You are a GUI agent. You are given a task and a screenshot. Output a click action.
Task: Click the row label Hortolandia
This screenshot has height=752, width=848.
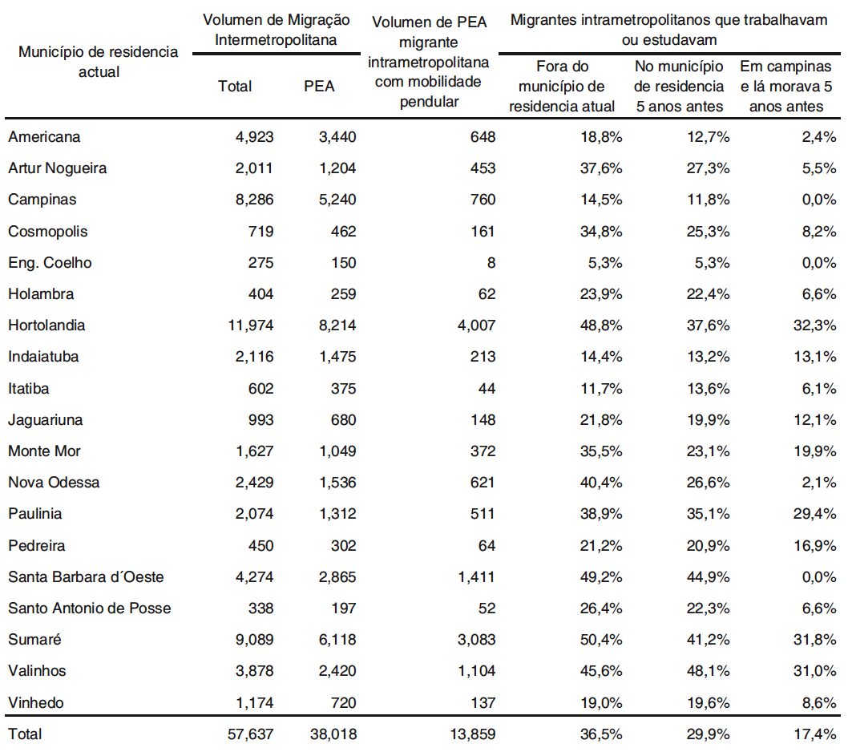pyautogui.click(x=46, y=325)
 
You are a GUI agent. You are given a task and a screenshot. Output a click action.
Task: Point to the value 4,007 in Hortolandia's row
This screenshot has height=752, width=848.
pyautogui.click(x=475, y=325)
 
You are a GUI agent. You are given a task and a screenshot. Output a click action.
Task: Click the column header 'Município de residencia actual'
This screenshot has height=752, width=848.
pyautogui.click(x=98, y=62)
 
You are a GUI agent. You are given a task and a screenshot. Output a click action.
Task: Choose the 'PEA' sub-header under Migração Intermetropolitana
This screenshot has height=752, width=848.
pyautogui.click(x=319, y=87)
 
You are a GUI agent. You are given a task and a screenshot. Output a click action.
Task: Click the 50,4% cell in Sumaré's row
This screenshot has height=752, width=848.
pyautogui.click(x=601, y=640)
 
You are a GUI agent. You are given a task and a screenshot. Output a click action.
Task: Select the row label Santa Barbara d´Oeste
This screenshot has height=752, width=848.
pyautogui.click(x=86, y=577)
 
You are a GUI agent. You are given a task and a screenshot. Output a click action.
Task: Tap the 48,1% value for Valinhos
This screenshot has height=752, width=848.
pyautogui.click(x=709, y=671)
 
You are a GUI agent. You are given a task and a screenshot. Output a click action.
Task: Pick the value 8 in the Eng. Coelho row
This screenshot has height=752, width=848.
pyautogui.click(x=491, y=263)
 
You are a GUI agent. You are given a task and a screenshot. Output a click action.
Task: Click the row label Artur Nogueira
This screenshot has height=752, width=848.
pyautogui.click(x=57, y=168)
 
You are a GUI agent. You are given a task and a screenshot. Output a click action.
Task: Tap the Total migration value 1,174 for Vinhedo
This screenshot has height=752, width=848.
pyautogui.click(x=255, y=703)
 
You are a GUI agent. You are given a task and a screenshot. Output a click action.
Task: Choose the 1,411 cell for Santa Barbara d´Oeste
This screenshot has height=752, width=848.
pyautogui.click(x=475, y=577)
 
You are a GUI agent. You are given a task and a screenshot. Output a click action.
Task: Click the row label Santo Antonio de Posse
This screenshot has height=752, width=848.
pyautogui.click(x=89, y=608)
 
